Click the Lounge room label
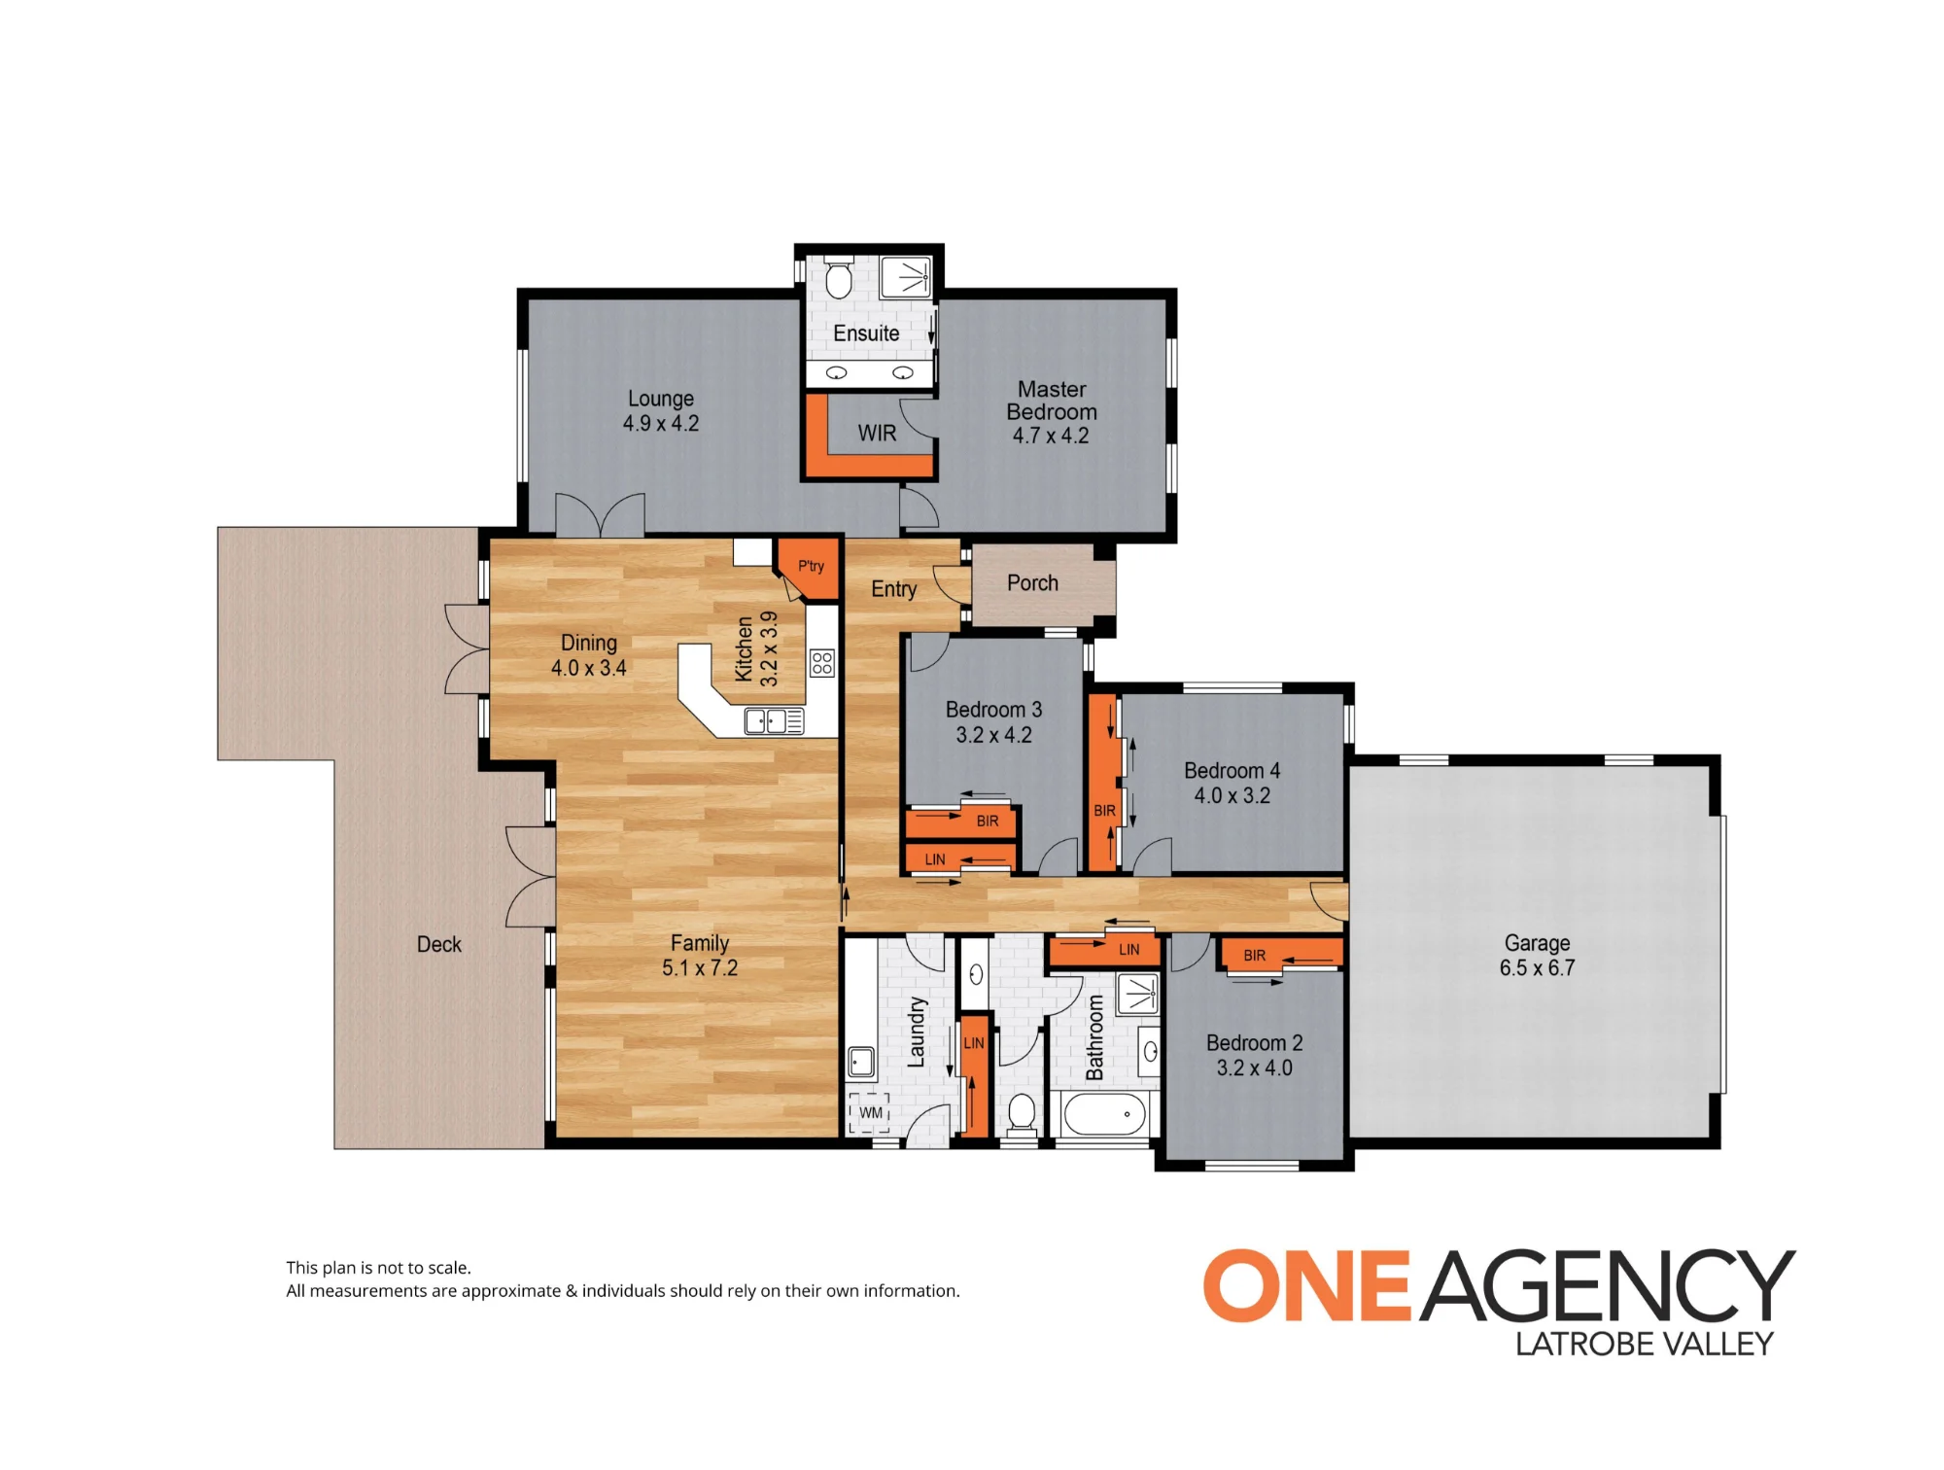pyautogui.click(x=661, y=399)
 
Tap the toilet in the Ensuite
pyautogui.click(x=839, y=278)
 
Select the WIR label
pyautogui.click(x=877, y=434)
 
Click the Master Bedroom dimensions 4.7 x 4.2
pyautogui.click(x=1051, y=436)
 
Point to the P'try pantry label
pyautogui.click(x=811, y=566)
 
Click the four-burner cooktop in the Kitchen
pyautogui.click(x=822, y=663)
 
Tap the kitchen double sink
pyautogui.click(x=774, y=721)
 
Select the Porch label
pyautogui.click(x=1032, y=583)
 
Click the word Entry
pyautogui.click(x=893, y=589)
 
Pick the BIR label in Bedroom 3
pyautogui.click(x=988, y=822)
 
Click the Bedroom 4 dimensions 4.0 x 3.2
pyautogui.click(x=1232, y=796)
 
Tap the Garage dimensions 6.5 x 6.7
pyautogui.click(x=1537, y=968)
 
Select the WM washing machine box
pyautogui.click(x=870, y=1113)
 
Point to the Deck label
pyautogui.click(x=439, y=945)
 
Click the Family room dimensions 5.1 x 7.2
pyautogui.click(x=700, y=968)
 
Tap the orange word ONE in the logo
pyautogui.click(x=1307, y=1286)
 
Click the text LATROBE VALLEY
pyautogui.click(x=1645, y=1345)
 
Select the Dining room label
pyautogui.click(x=588, y=643)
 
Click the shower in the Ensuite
pyautogui.click(x=907, y=277)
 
